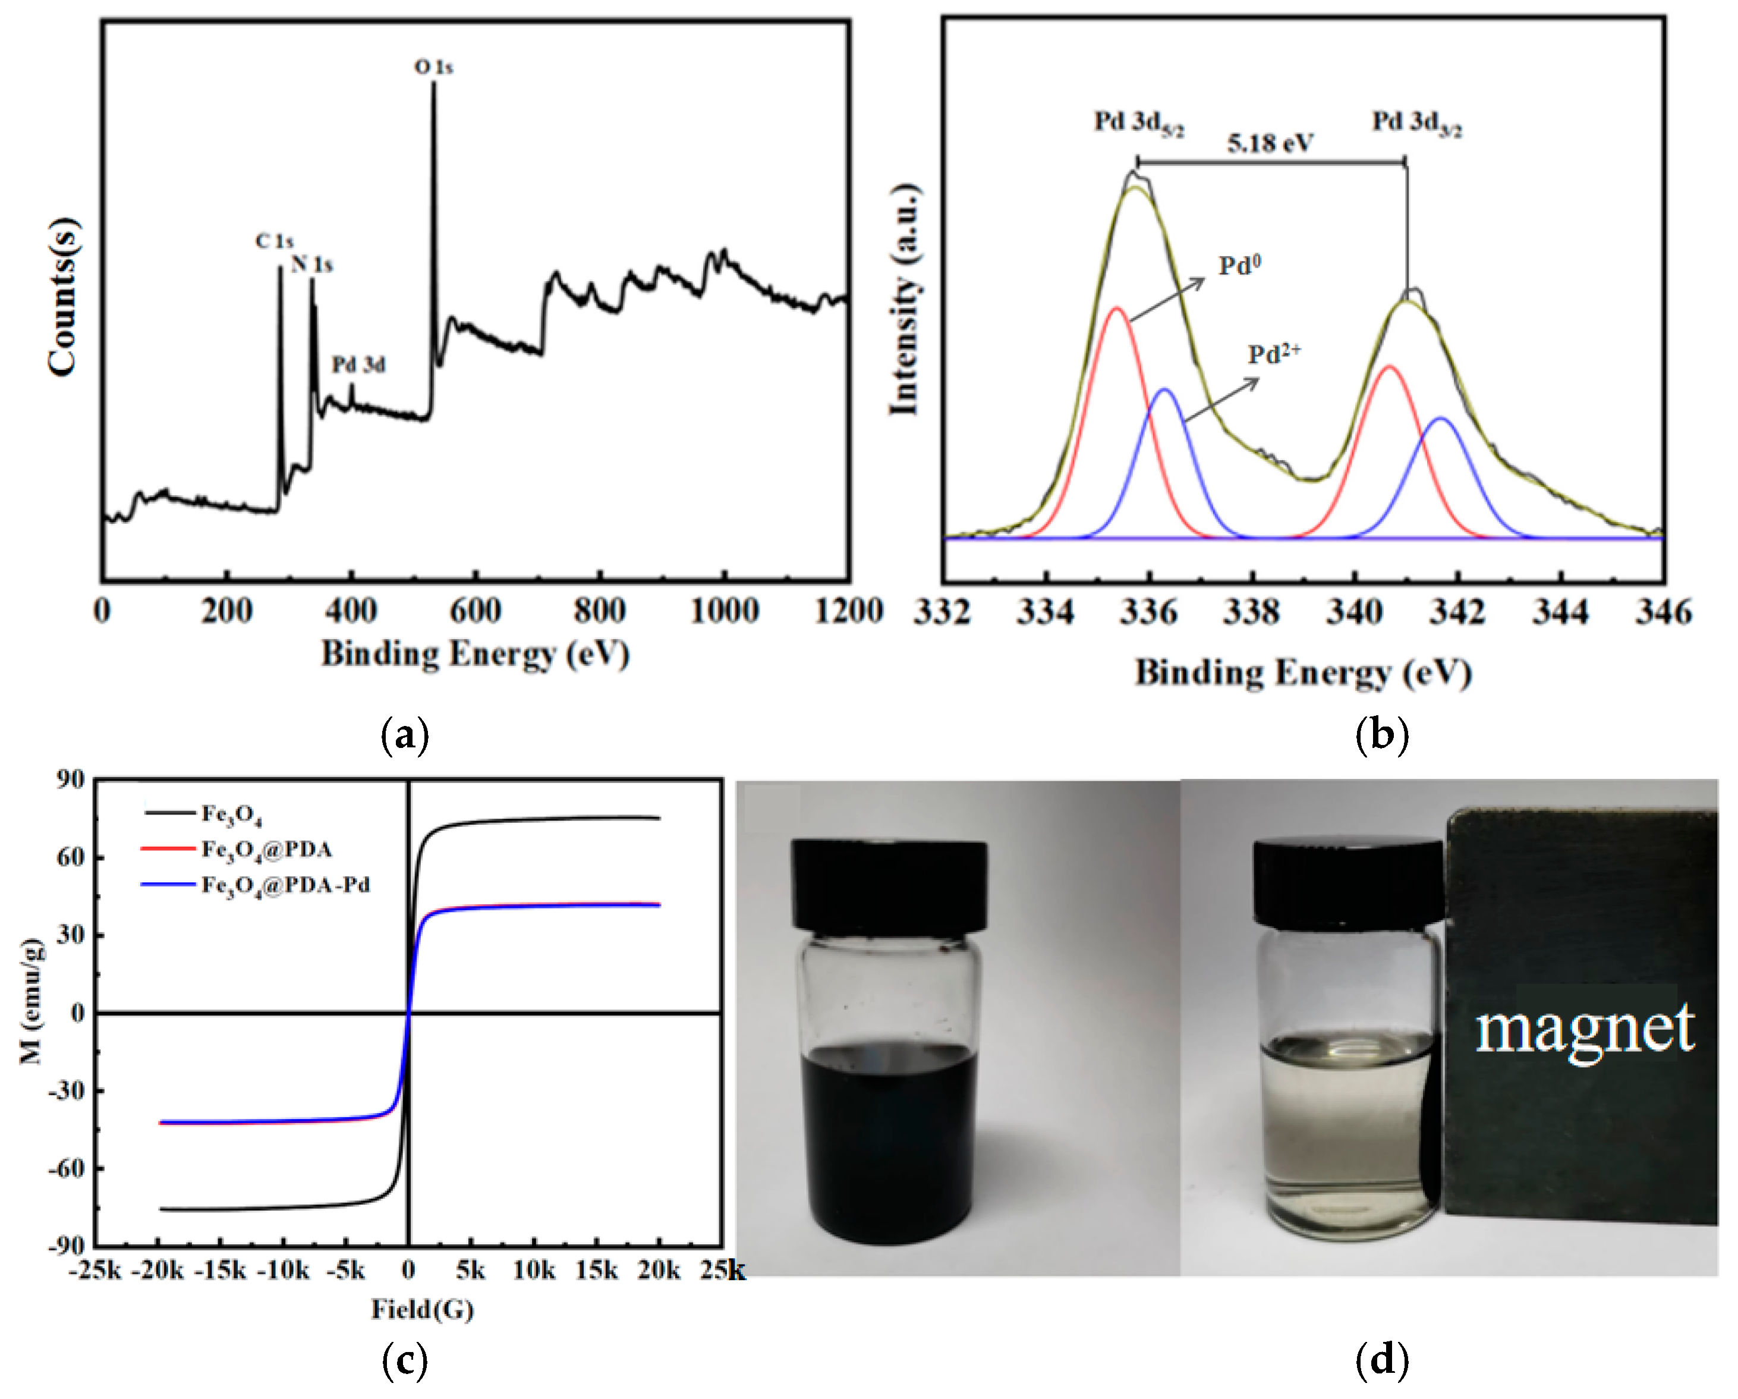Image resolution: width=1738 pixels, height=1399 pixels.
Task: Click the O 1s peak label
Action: [x=434, y=67]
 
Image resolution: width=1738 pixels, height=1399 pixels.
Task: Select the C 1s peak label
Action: [x=274, y=241]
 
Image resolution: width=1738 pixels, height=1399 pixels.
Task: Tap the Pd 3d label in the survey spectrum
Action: [x=359, y=365]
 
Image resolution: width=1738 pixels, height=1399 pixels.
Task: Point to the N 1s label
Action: [x=312, y=265]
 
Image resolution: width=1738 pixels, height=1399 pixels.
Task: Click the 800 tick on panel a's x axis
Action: [x=600, y=611]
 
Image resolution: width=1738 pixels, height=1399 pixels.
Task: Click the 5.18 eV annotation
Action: [x=1270, y=143]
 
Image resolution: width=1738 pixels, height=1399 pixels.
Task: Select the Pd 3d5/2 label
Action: [x=1138, y=123]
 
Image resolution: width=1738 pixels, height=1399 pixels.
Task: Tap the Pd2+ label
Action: [x=1274, y=354]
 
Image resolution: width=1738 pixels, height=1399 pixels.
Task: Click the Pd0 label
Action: [x=1240, y=265]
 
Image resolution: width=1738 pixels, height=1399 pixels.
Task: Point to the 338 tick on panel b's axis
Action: [x=1251, y=614]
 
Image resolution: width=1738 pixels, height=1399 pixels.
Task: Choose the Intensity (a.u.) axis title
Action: [x=905, y=300]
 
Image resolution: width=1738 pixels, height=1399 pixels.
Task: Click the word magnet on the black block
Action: [x=1585, y=1030]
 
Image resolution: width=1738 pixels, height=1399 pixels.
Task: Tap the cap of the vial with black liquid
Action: [x=890, y=885]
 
